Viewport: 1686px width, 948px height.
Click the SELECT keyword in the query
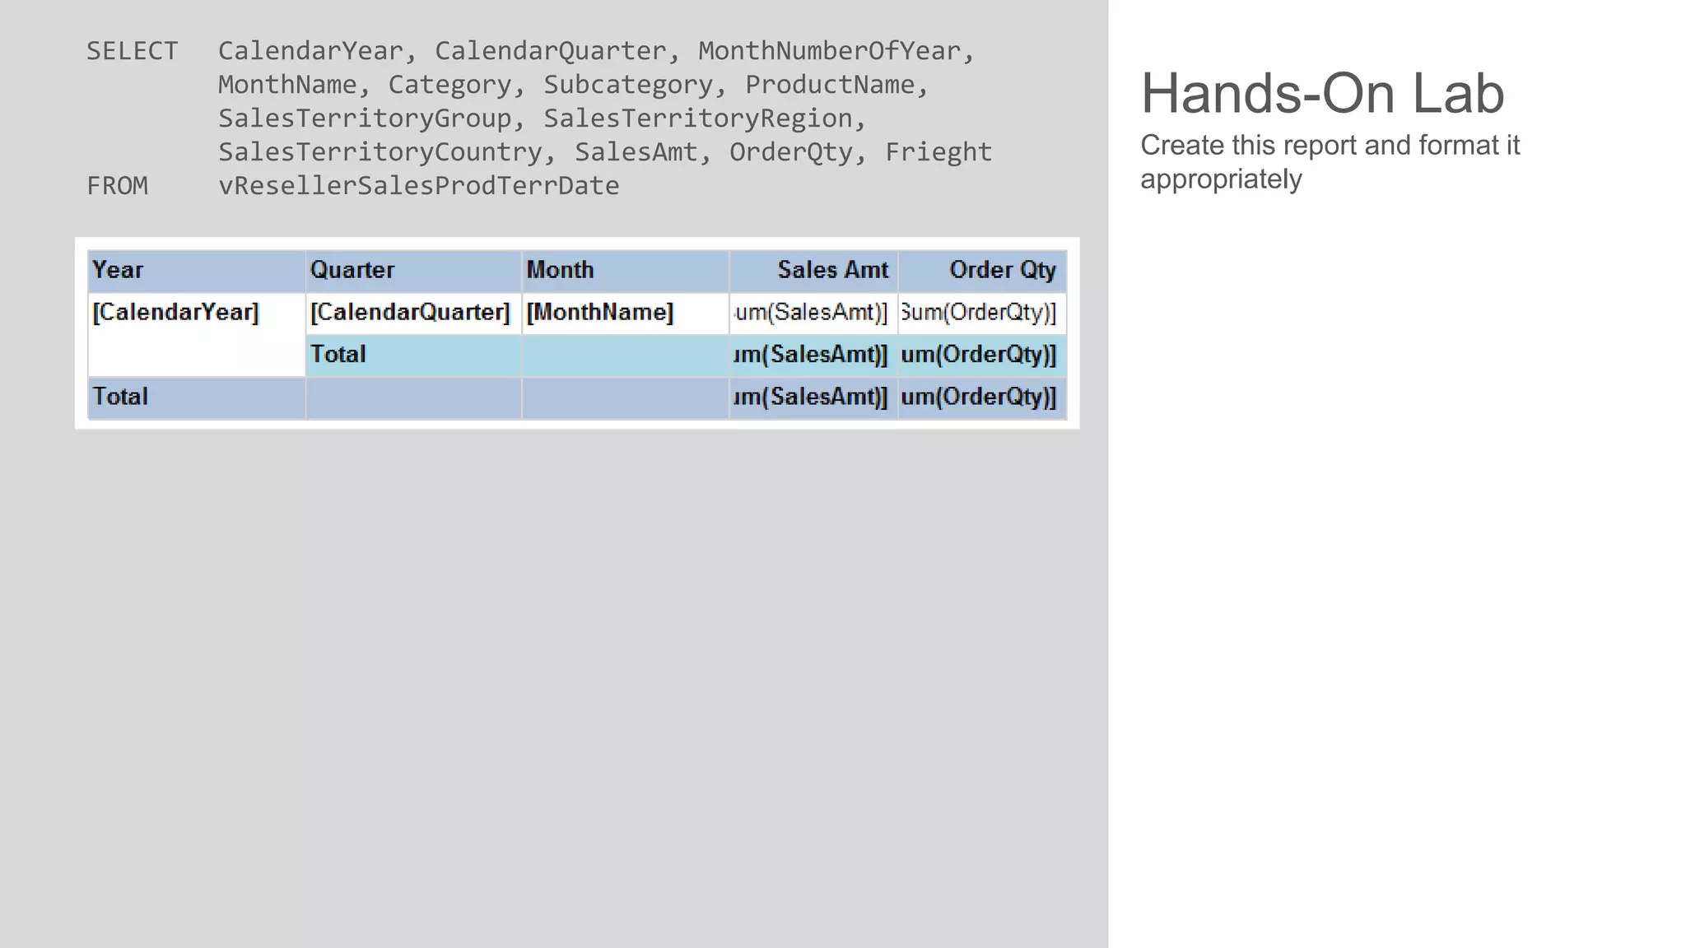[x=132, y=51]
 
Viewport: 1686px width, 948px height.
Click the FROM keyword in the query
[x=118, y=186]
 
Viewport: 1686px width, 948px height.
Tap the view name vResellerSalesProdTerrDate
[x=418, y=186]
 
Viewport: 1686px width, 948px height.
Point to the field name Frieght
[x=938, y=152]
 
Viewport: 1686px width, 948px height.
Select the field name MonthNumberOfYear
[x=829, y=51]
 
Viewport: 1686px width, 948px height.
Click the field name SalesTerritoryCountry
[x=380, y=152]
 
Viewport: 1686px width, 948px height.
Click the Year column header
[x=118, y=270]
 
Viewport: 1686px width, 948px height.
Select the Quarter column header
[x=352, y=270]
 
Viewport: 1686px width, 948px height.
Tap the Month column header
[x=560, y=270]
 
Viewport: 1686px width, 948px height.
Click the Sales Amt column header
[x=832, y=270]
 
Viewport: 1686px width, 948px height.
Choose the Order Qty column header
[x=1002, y=270]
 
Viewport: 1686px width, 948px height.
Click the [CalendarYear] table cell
[x=175, y=313]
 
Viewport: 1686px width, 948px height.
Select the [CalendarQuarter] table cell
[x=410, y=313]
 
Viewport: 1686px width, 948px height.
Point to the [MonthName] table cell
[x=599, y=313]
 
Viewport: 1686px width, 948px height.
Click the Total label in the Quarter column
[x=338, y=355]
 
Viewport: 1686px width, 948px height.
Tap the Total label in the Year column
[x=120, y=397]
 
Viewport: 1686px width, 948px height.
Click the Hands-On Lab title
[x=1322, y=93]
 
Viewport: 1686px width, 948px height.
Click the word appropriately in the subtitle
[x=1221, y=179]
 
